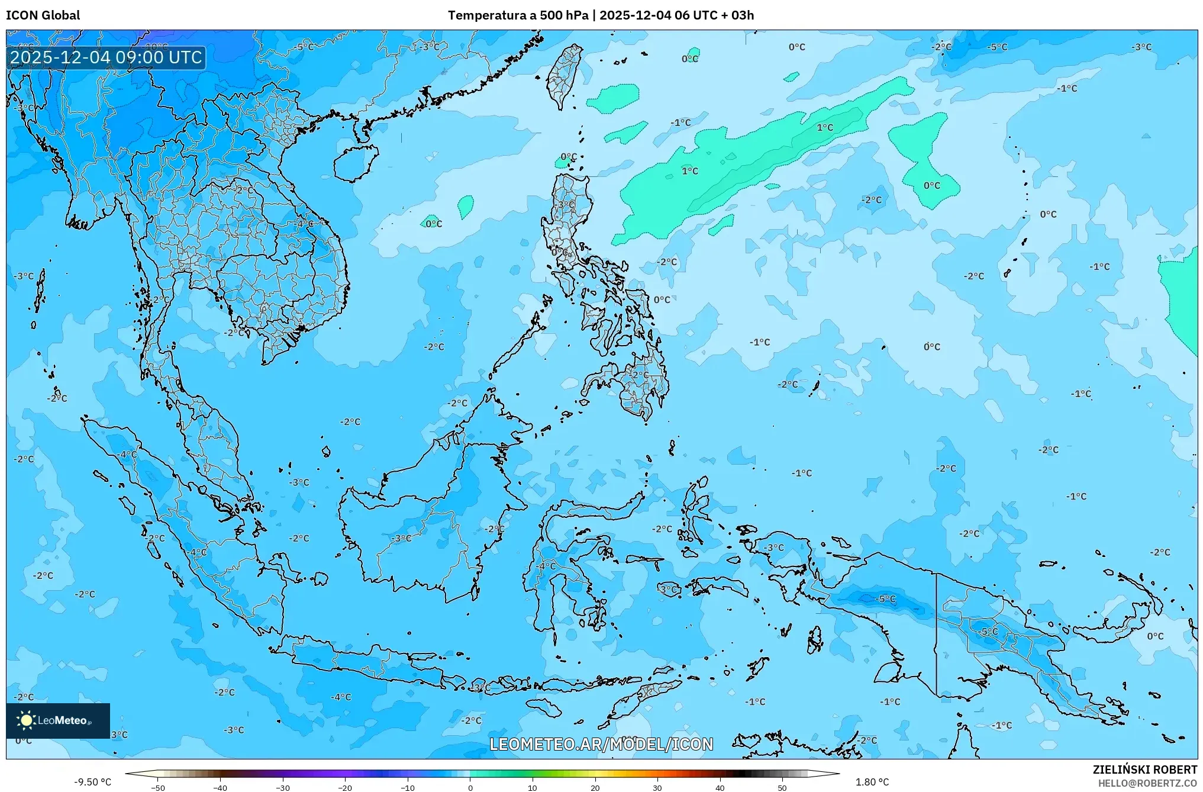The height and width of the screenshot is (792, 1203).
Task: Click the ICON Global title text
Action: tap(43, 15)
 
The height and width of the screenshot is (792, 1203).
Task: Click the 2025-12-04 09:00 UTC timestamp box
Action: tap(106, 57)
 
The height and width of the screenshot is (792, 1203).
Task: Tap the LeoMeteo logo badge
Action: tap(58, 720)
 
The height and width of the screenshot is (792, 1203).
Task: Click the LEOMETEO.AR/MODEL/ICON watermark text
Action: tap(601, 744)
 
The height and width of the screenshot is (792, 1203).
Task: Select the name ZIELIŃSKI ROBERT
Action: tap(1144, 770)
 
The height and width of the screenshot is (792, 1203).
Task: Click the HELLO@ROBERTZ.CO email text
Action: tap(1147, 783)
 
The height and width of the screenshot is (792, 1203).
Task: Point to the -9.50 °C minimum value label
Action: tap(92, 782)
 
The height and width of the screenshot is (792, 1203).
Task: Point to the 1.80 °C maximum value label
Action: tap(872, 782)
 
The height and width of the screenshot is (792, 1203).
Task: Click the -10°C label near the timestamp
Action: tap(156, 46)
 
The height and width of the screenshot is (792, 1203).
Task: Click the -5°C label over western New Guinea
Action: tap(885, 599)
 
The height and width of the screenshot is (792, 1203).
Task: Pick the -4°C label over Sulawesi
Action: tap(546, 566)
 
